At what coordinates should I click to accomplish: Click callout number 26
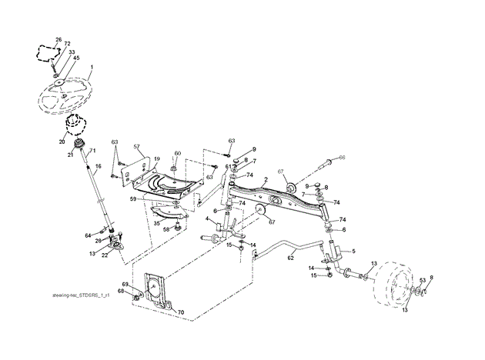[x=58, y=38]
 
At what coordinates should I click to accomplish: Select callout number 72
[x=67, y=45]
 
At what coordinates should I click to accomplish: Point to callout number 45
[x=75, y=57]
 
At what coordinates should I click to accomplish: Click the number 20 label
[x=62, y=141]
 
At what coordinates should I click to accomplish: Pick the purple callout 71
[x=92, y=150]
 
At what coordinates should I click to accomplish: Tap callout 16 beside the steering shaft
[x=98, y=166]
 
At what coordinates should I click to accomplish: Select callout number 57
[x=136, y=146]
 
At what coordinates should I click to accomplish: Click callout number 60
[x=177, y=153]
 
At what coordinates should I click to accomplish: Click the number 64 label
[x=88, y=235]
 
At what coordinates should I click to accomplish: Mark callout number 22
[x=105, y=257]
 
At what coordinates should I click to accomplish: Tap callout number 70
[x=181, y=313]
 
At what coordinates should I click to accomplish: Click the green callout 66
[x=342, y=157]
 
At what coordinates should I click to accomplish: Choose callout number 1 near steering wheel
[x=90, y=68]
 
